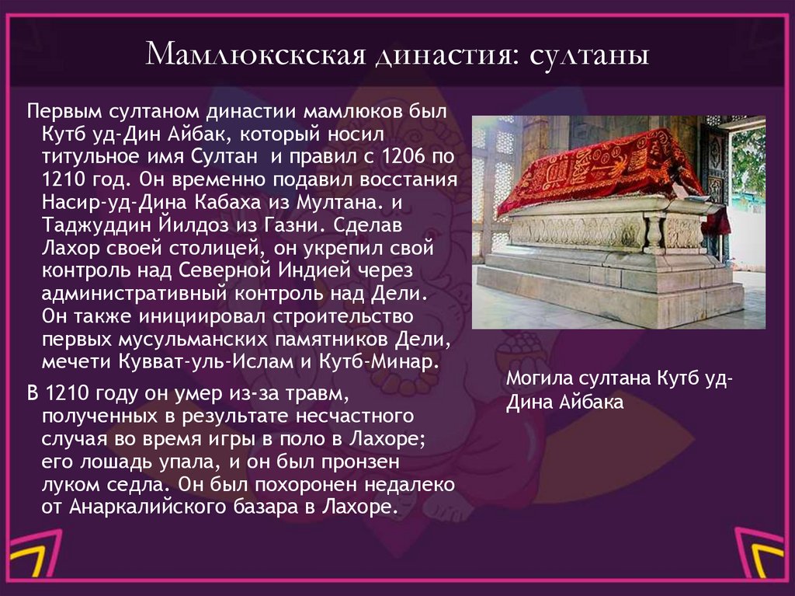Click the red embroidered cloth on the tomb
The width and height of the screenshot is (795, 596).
598,167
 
